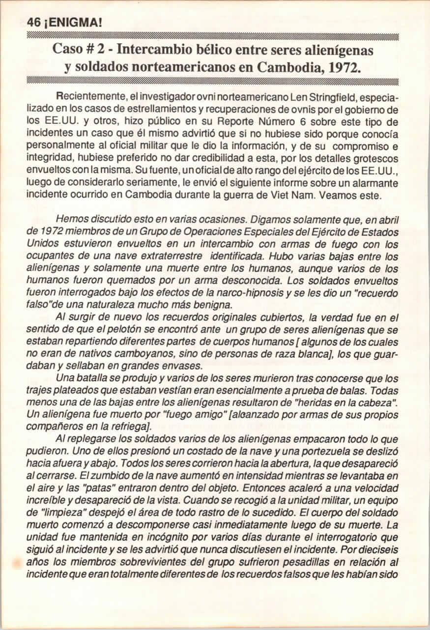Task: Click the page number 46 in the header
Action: tap(33, 22)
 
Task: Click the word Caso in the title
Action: tap(69, 50)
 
